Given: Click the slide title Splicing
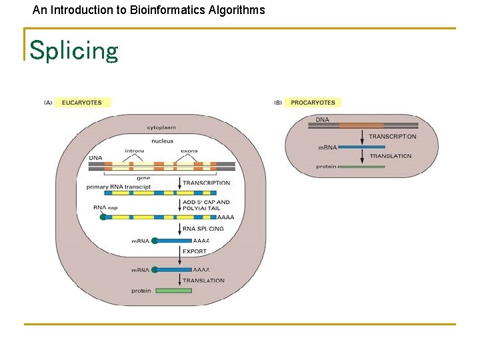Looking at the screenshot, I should coord(73,50).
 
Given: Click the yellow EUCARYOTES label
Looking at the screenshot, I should coord(83,103).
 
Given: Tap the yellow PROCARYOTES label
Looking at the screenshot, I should coord(313,103).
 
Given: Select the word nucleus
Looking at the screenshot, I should coord(162,141).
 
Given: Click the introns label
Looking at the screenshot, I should coord(135,151).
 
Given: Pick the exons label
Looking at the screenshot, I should coord(189,151).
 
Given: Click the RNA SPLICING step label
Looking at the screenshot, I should coord(203,229).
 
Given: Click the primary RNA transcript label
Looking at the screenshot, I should coord(119,187).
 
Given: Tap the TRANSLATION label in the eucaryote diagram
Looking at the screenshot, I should coord(203,281).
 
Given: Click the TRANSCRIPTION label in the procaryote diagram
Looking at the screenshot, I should coord(393,137).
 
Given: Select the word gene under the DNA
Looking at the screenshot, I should coord(143,178).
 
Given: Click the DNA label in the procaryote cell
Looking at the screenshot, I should coord(322,120).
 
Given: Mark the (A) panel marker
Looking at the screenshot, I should coord(48,103).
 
